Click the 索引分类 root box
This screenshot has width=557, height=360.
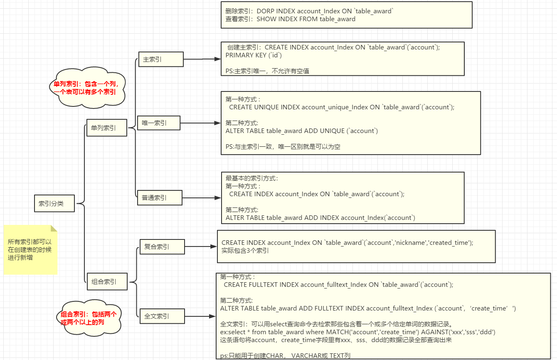pyautogui.click(x=54, y=204)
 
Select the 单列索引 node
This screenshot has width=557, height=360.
pyautogui.click(x=106, y=128)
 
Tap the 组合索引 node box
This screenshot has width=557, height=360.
pyautogui.click(x=106, y=281)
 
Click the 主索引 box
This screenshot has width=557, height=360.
pyautogui.click(x=160, y=59)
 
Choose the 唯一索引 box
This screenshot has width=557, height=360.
pyautogui.click(x=158, y=123)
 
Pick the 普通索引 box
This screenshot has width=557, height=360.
pyautogui.click(x=160, y=197)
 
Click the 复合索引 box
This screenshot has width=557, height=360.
pyautogui.click(x=162, y=247)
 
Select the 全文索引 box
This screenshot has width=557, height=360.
pyautogui.click(x=162, y=316)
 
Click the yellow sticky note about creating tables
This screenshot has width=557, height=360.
pyautogui.click(x=30, y=249)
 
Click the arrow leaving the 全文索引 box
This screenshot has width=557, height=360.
pyautogui.click(x=200, y=316)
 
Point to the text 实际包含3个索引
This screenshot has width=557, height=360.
pyautogui.click(x=245, y=251)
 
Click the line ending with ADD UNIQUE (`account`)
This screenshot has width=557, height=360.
pyautogui.click(x=302, y=131)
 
